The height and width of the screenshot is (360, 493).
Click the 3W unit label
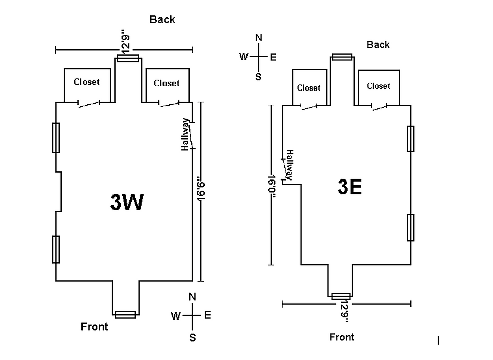coord(127,202)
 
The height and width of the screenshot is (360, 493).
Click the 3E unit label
coord(350,187)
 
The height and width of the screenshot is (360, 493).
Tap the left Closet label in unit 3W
coord(87,82)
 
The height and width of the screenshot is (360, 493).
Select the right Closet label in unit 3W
coord(167,83)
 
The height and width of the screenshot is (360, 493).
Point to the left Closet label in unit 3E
coord(309,88)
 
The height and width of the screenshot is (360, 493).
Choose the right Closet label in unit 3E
coord(378,86)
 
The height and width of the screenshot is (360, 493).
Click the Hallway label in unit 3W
coord(185,134)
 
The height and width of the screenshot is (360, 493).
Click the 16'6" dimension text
coord(201,192)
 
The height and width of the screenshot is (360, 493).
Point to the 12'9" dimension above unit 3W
coord(125,41)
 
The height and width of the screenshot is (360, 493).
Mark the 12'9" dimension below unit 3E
coord(344,312)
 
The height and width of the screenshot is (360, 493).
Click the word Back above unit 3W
coord(162,20)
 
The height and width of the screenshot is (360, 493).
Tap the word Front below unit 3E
coord(342,337)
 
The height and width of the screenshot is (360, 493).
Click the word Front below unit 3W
coord(95,327)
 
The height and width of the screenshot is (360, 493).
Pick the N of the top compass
coord(259,38)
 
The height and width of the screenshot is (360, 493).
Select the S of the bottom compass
coord(192,338)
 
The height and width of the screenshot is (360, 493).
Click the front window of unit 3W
coord(125,314)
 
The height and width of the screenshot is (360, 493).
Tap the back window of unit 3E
coord(342,57)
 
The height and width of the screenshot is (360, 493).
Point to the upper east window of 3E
coord(410,139)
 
